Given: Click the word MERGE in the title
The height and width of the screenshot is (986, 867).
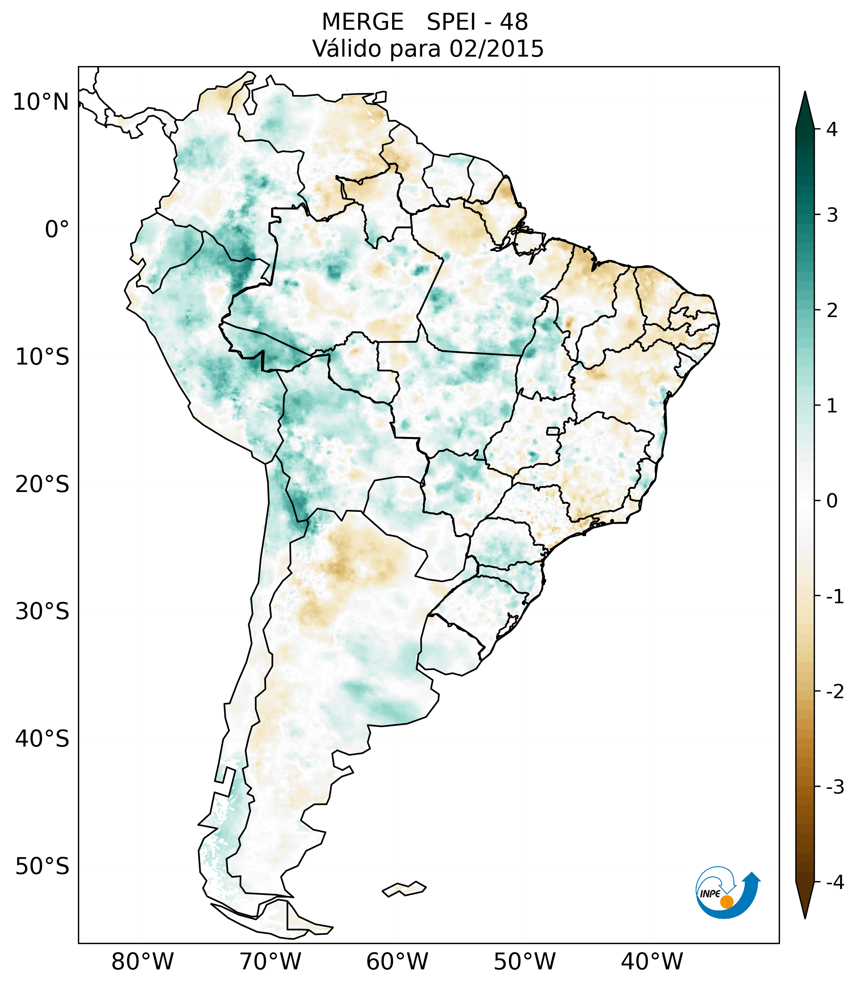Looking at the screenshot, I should (x=362, y=22).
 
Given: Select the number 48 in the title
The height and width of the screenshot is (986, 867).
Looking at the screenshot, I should (x=514, y=22).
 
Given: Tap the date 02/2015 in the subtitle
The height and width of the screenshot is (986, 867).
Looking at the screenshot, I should (x=496, y=49).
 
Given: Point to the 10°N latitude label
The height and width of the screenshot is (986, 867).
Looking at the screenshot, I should (x=41, y=102).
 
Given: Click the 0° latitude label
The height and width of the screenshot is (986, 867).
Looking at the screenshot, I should (x=57, y=230).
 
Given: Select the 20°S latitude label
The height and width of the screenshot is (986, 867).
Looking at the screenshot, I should (x=42, y=484).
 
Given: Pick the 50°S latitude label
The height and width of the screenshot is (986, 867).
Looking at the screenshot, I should (x=42, y=867).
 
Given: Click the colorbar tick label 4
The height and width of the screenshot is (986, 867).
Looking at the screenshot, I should (x=832, y=129).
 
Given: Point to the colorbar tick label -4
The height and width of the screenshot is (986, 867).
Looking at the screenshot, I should (x=835, y=883).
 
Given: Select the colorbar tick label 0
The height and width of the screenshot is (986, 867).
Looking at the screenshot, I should (x=832, y=501).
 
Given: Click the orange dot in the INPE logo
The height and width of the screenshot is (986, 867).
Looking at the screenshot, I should (x=727, y=902).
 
